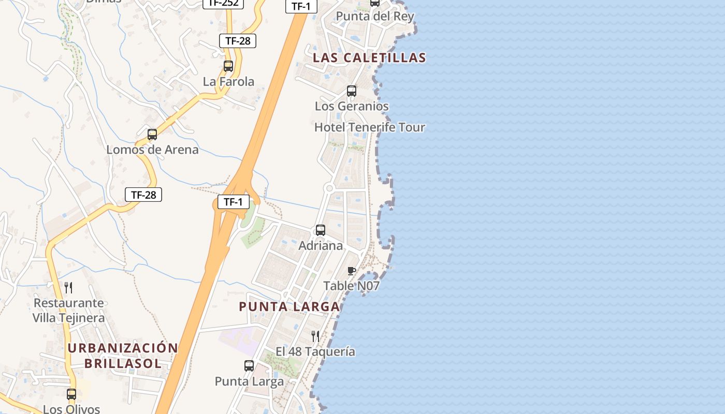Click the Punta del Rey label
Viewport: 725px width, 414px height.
point(375,16)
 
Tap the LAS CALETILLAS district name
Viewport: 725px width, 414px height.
point(369,57)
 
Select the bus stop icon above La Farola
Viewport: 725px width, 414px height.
point(228,66)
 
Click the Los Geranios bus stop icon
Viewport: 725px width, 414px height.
point(352,91)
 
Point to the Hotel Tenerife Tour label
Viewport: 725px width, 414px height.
point(369,127)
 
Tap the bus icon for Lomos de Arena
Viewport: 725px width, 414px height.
point(152,135)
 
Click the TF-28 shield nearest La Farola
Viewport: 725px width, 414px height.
point(238,41)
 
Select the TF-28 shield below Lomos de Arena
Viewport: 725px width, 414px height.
point(143,195)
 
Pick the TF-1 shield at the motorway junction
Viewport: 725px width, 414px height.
point(233,202)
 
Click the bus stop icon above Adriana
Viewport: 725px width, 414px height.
point(321,230)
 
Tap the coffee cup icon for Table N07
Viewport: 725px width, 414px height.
point(352,271)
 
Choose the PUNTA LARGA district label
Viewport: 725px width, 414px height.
point(289,306)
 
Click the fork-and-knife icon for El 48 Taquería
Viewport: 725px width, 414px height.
point(315,336)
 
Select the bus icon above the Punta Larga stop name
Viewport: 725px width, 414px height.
point(249,366)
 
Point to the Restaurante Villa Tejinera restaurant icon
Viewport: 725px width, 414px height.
point(68,288)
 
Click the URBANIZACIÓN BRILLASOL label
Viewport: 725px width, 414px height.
point(123,355)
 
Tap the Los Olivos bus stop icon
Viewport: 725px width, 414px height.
point(71,394)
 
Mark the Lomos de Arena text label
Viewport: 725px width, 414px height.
point(152,150)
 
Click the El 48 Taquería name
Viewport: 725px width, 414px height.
point(315,352)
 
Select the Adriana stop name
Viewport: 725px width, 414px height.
point(321,245)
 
